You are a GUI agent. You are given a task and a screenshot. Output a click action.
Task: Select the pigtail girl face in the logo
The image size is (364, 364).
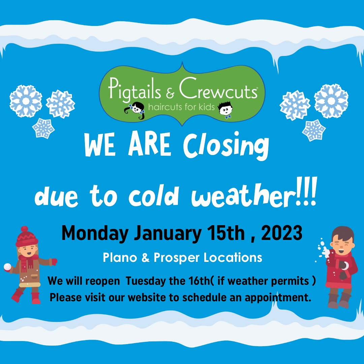tap(135, 110)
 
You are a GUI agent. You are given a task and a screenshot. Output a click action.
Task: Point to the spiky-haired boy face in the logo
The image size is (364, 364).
tap(225, 109)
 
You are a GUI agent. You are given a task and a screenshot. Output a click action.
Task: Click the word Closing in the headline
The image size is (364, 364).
tap(226, 146)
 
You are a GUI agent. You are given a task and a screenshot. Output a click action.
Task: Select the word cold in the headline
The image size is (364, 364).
tap(154, 195)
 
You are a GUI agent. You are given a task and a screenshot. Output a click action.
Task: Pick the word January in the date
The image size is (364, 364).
tap(168, 234)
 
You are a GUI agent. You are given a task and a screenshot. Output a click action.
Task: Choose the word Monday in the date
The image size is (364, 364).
tap(95, 234)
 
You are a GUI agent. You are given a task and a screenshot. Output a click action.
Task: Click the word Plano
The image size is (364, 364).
tap(120, 257)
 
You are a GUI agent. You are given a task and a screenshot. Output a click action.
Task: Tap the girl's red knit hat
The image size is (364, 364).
tap(26, 237)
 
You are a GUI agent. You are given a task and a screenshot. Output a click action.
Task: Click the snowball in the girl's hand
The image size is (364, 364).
tap(7, 267)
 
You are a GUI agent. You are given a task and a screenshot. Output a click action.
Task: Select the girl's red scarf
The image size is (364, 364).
tap(27, 262)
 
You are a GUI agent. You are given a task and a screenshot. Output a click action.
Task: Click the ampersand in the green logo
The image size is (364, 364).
tap(170, 93)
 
